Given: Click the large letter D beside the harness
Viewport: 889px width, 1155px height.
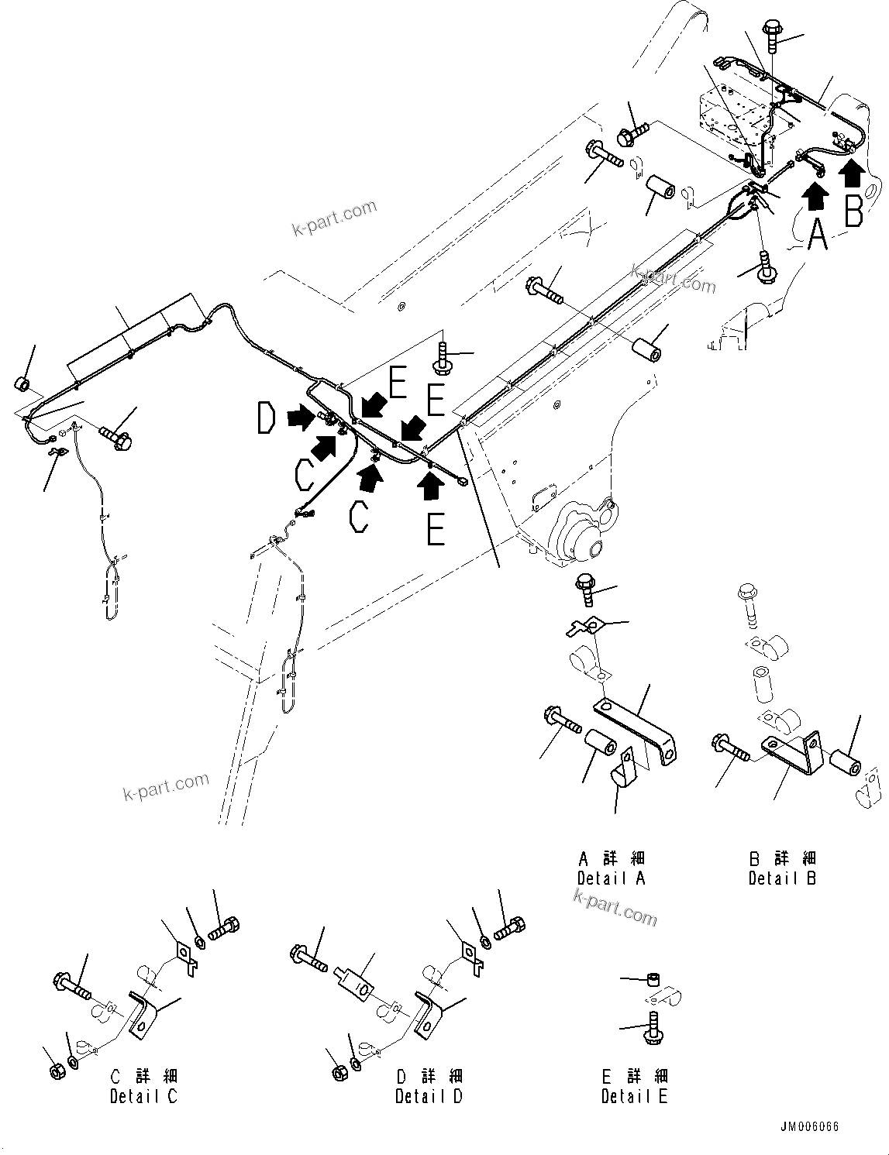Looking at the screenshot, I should pyautogui.click(x=266, y=419).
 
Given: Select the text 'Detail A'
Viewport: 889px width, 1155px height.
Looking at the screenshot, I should pyautogui.click(x=611, y=878).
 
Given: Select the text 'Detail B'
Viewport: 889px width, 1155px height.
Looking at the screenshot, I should pyautogui.click(x=782, y=878).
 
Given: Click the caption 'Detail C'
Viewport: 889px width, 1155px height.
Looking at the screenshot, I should pyautogui.click(x=143, y=1096).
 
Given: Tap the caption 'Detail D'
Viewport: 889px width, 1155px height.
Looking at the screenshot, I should pyautogui.click(x=429, y=1096).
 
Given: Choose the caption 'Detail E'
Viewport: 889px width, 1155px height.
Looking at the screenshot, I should pyautogui.click(x=634, y=1096).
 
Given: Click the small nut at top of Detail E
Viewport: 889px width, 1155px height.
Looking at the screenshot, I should pyautogui.click(x=653, y=980).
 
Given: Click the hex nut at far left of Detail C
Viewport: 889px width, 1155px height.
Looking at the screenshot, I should pyautogui.click(x=56, y=1072).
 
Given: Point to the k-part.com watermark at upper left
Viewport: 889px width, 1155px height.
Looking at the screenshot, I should pyautogui.click(x=334, y=218).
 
